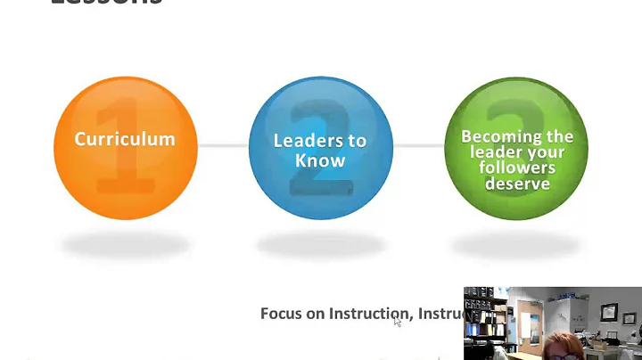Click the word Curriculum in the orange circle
click(124, 140)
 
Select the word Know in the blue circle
click(319, 160)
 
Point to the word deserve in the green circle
click(517, 184)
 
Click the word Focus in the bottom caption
click(280, 314)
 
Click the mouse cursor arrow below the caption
click(398, 322)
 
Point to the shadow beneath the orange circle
click(124, 243)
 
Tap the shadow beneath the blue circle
click(320, 243)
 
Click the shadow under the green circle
click(515, 243)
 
